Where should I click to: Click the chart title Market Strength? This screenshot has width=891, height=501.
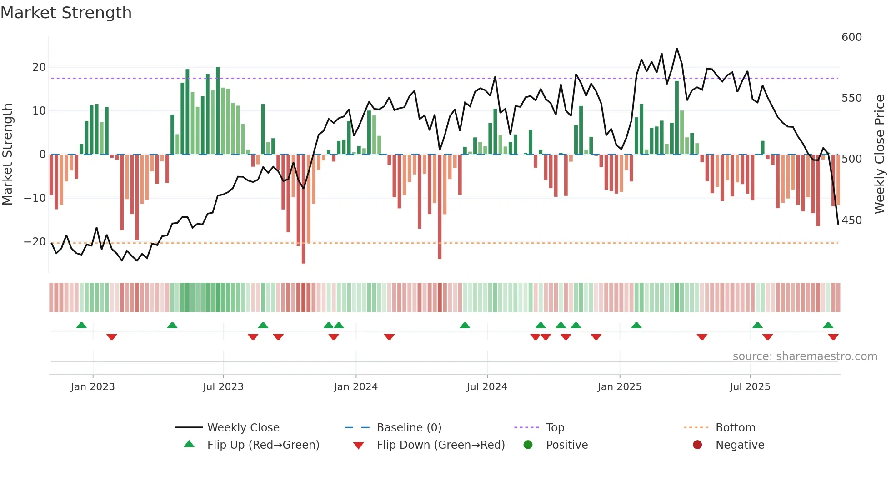click(66, 13)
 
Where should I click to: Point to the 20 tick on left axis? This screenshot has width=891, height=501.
click(39, 67)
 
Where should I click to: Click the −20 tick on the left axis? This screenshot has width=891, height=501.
click(35, 242)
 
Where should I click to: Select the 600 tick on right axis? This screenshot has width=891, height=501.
click(851, 37)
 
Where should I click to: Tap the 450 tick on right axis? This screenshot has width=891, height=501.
click(851, 220)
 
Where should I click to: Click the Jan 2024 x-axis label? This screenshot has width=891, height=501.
click(355, 387)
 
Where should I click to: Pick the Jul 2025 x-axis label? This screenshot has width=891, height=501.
click(750, 387)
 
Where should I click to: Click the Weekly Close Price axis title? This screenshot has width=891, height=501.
click(880, 155)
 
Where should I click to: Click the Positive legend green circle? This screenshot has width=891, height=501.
click(528, 445)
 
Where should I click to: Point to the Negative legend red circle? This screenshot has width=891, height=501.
click(697, 445)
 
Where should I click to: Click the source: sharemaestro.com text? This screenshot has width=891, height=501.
click(805, 356)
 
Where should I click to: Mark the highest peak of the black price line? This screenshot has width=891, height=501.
click(677, 49)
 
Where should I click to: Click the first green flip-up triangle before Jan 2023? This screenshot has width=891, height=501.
click(81, 326)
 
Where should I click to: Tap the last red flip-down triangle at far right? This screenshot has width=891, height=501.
click(833, 337)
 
